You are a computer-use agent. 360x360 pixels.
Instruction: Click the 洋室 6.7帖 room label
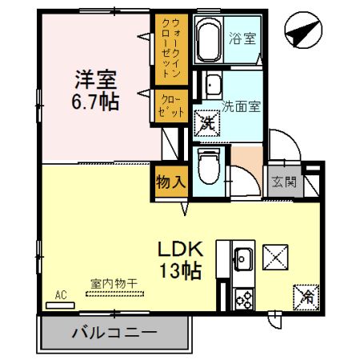[x=97, y=90]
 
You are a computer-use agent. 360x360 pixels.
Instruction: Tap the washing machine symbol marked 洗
[x=206, y=122]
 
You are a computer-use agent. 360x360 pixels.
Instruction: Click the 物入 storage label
[x=170, y=181]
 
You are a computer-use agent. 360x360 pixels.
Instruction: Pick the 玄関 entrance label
[x=284, y=181]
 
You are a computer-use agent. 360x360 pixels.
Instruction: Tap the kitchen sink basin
[x=243, y=258]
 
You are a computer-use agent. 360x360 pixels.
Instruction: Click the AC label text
[x=60, y=295]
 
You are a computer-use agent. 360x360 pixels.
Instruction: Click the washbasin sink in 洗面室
[x=213, y=86]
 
